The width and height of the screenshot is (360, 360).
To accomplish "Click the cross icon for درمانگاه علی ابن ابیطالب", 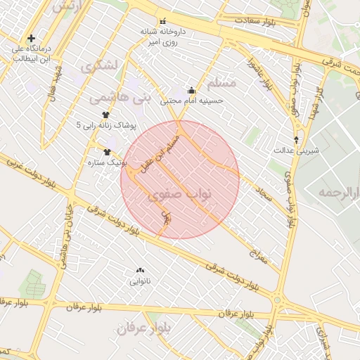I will coord(31,38).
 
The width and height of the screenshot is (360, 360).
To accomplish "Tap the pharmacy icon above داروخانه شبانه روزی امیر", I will coord(163,20).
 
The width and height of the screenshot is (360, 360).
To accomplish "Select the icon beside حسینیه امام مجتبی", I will coord(192,90).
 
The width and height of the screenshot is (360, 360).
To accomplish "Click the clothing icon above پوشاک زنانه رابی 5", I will coord(106,115).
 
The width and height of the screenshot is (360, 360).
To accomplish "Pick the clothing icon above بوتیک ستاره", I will coord(108,152).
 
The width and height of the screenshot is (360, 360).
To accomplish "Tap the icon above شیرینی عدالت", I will coord(296,139).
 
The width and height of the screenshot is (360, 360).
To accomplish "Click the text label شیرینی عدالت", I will coord(296,150).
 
